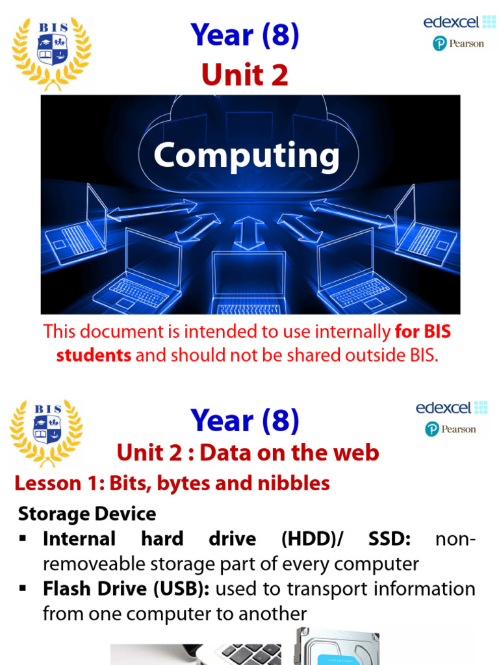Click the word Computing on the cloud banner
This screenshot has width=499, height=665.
coord(247,157)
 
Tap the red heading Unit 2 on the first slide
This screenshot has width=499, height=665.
coord(244,76)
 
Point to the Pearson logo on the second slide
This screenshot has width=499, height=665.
coord(450,429)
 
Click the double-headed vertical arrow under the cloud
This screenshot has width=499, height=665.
coord(249,233)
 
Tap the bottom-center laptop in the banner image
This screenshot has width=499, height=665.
coord(249,283)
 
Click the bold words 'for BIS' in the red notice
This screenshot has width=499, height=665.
coord(423,332)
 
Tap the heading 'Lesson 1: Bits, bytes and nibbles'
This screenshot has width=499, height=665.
coord(172,483)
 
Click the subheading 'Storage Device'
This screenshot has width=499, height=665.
coord(87,514)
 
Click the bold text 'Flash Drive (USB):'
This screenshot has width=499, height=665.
coord(127,589)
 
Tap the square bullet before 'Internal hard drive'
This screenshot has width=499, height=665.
coord(23,539)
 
